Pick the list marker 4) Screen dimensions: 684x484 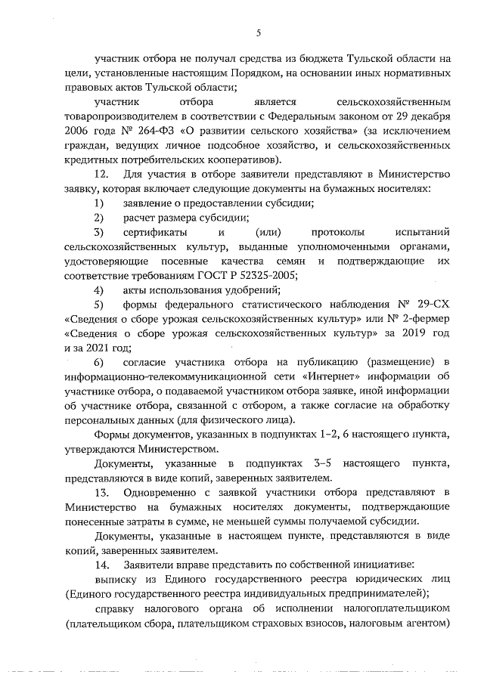(98, 290)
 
